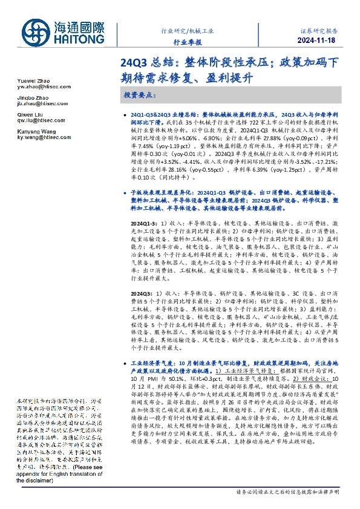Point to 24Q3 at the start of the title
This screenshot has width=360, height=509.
133,62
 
